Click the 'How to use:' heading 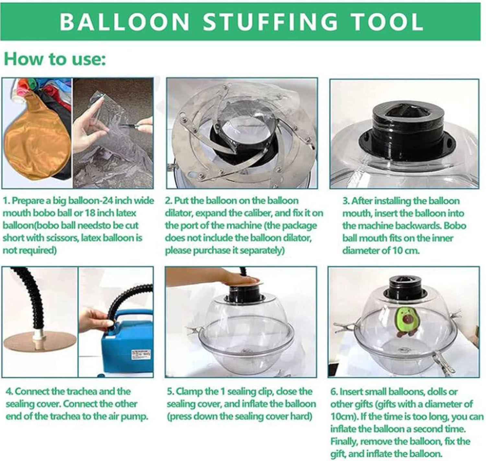pyautogui.click(x=55, y=59)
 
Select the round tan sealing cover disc pyautogui.click(x=39, y=343)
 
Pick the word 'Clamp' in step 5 pyautogui.click(x=190, y=392)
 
